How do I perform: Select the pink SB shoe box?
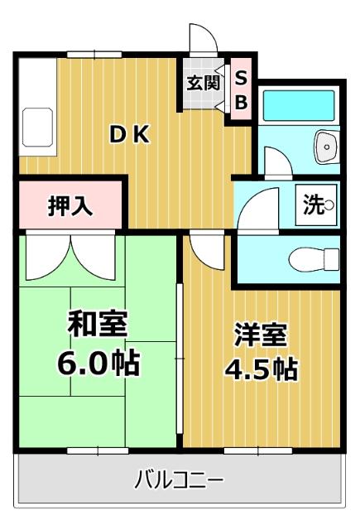241,90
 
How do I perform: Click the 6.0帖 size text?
97,362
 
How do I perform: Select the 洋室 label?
261,335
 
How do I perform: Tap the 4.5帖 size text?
261,369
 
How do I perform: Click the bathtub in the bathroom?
297,105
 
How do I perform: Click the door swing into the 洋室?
201,247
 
